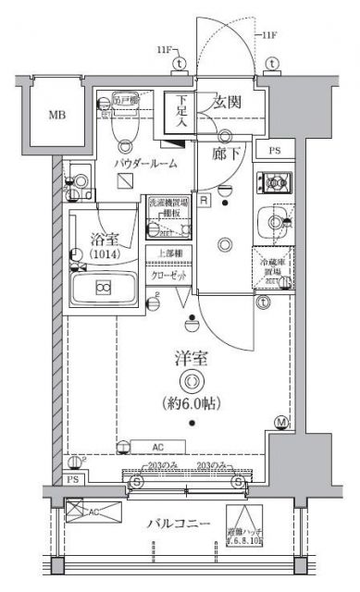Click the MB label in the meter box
[57, 116]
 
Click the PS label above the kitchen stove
[274, 151]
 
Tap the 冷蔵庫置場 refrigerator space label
[273, 267]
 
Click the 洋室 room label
[191, 354]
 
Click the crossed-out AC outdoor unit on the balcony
[95, 512]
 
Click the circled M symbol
[281, 424]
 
